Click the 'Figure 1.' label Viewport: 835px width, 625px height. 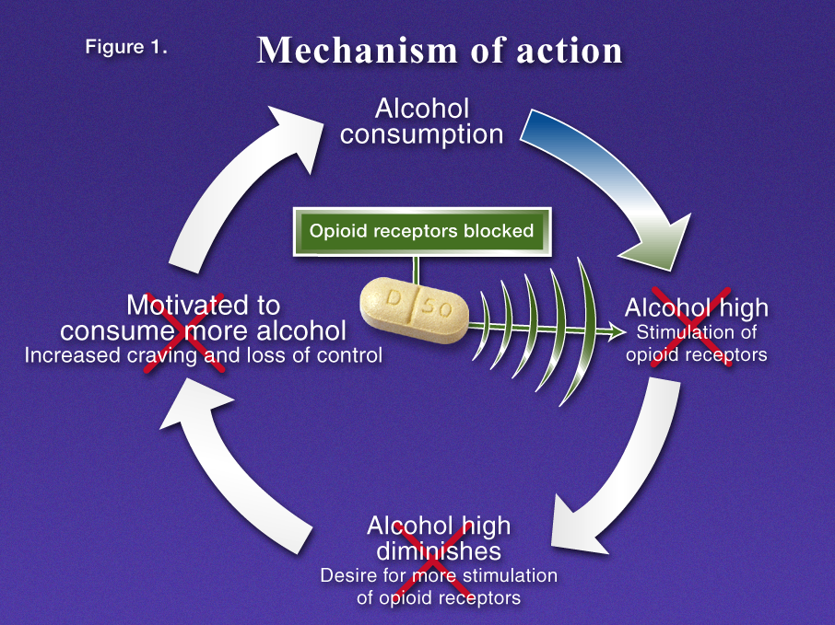pos(126,48)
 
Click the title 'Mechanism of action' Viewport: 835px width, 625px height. pos(440,51)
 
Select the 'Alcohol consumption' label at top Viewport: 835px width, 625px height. pos(421,122)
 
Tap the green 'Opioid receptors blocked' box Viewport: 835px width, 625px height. pos(421,231)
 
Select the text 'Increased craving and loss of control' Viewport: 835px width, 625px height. pos(203,355)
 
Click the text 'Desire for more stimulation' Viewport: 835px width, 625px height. pos(439,576)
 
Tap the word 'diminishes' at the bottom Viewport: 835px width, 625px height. pos(439,551)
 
